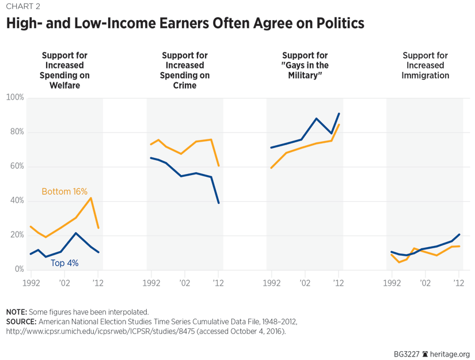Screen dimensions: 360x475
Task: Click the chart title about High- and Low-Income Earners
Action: [185, 24]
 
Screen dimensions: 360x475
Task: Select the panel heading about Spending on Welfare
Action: [64, 70]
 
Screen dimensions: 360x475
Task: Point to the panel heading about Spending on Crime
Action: [184, 70]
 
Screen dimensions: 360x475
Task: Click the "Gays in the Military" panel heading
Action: [305, 66]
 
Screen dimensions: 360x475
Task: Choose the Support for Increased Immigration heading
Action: [425, 66]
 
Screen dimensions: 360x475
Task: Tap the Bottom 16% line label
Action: [64, 192]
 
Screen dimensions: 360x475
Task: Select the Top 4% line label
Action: [64, 263]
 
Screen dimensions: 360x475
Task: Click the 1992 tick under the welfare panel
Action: [31, 283]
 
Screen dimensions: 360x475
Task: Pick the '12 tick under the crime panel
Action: [218, 283]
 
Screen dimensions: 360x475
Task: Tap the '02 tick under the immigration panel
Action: [425, 283]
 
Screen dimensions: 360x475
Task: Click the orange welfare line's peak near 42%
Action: [91, 198]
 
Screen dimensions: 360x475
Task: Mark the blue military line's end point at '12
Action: [339, 113]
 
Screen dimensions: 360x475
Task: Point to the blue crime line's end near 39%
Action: [219, 203]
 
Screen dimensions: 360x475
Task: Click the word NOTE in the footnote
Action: [16, 312]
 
